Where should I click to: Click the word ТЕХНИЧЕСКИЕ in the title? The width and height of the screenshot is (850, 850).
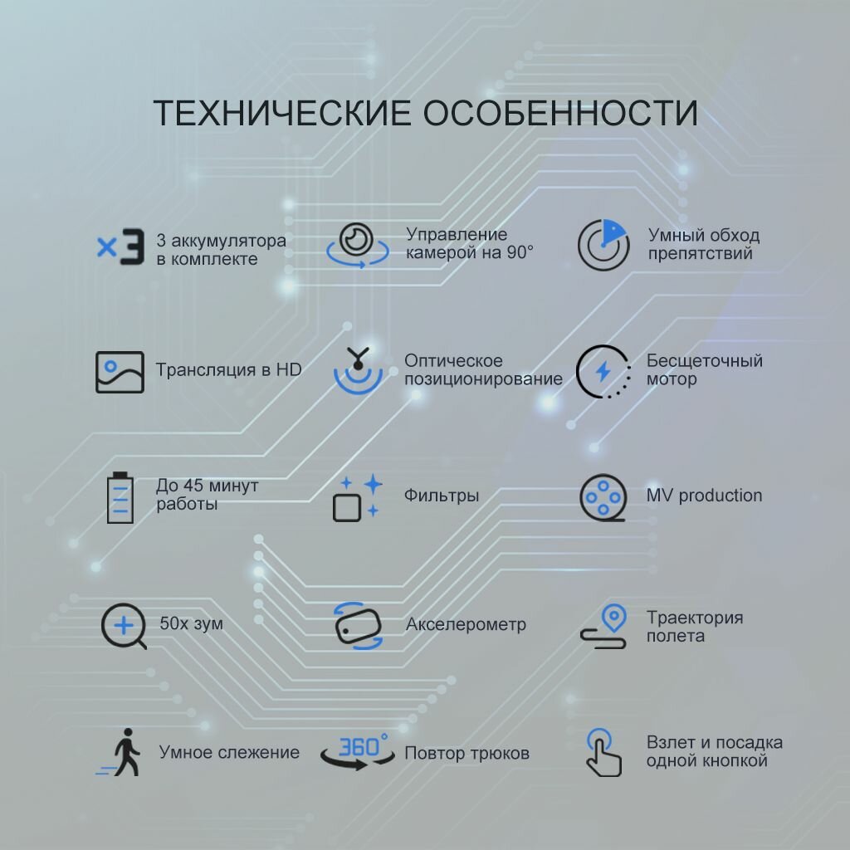click(x=282, y=114)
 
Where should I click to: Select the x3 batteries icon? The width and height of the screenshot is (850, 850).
click(x=120, y=247)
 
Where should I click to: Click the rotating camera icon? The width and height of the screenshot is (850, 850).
click(x=359, y=244)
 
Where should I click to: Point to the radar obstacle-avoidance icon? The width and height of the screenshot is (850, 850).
click(x=603, y=245)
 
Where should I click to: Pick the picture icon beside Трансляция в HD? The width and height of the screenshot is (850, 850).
click(x=120, y=371)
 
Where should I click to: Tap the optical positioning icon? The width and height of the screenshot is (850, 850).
click(x=359, y=369)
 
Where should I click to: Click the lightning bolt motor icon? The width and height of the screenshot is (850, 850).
click(x=603, y=370)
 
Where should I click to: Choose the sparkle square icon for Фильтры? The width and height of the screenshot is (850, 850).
click(x=358, y=497)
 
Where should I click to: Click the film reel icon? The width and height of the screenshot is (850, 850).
click(x=603, y=497)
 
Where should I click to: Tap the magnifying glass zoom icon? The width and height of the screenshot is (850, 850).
click(x=124, y=626)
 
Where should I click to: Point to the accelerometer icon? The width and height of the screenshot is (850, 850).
click(x=358, y=625)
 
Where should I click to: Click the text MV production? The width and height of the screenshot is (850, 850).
click(x=704, y=496)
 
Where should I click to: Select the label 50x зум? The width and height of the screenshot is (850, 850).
click(x=191, y=623)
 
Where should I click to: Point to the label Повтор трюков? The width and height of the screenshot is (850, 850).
click(x=467, y=754)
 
